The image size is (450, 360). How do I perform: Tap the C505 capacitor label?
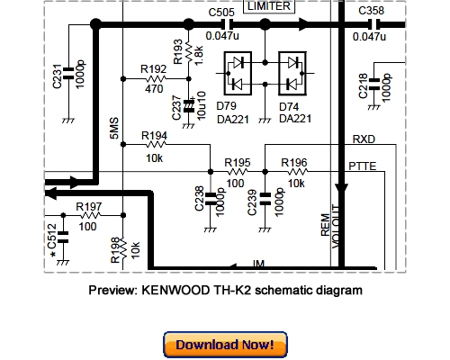(x=222, y=12)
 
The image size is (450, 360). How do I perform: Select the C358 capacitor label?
(x=372, y=12)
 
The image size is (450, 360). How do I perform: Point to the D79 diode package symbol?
(x=239, y=75)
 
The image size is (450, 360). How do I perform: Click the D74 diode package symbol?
(x=292, y=75)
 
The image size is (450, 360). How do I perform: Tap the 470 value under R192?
(x=155, y=90)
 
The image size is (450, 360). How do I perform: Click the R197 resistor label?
(x=89, y=206)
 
